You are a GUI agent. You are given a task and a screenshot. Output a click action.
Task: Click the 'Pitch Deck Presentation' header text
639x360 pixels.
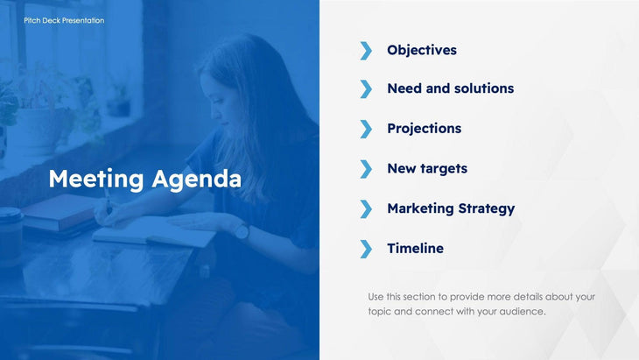point(64,20)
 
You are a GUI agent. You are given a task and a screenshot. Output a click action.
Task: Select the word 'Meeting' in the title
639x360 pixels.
point(95,179)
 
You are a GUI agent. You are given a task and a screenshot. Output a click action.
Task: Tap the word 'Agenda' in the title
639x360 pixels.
point(197,180)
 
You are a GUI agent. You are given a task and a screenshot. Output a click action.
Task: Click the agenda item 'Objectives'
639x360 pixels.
point(422,50)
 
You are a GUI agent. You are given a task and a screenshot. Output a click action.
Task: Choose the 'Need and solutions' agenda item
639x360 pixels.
point(450,88)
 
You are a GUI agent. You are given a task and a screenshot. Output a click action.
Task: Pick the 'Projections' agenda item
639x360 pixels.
point(424,129)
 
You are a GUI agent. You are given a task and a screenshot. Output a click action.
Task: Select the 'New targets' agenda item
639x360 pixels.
point(427,168)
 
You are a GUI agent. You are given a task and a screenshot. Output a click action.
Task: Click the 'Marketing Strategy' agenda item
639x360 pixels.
point(451,208)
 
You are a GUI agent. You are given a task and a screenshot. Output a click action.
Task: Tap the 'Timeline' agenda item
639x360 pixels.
point(415,249)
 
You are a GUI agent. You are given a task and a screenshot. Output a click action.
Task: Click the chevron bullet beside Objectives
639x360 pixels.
point(366,50)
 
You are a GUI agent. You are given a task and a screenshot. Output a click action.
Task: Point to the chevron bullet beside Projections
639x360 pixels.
point(366,129)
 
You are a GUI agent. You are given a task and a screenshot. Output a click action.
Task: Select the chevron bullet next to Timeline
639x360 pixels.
point(366,249)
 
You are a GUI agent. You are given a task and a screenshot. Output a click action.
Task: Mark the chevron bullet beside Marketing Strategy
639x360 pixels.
point(366,208)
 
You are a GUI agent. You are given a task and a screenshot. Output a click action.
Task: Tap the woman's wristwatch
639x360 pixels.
point(240,231)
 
